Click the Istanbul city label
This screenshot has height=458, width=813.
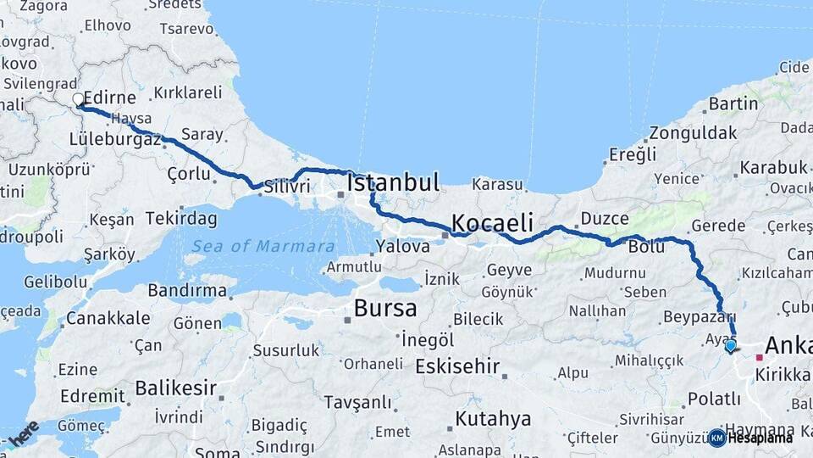tap(393, 182)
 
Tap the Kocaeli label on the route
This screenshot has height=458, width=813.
tap(492, 223)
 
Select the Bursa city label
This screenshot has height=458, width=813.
tap(385, 307)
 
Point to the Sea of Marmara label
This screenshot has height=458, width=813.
tap(263, 246)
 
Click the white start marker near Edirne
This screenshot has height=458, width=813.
tap(79, 100)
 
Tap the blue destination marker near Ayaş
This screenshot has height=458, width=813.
tap(730, 345)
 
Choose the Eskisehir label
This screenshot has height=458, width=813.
tap(456, 366)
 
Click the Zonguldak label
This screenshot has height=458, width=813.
tap(693, 133)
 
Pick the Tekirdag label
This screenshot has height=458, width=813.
tap(181, 218)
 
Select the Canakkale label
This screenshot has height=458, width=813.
tap(108, 318)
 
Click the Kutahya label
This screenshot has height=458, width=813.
tap(493, 418)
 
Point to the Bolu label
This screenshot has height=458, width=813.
tap(646, 247)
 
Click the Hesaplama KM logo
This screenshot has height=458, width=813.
tap(750, 438)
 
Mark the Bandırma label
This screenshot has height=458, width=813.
tap(186, 290)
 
